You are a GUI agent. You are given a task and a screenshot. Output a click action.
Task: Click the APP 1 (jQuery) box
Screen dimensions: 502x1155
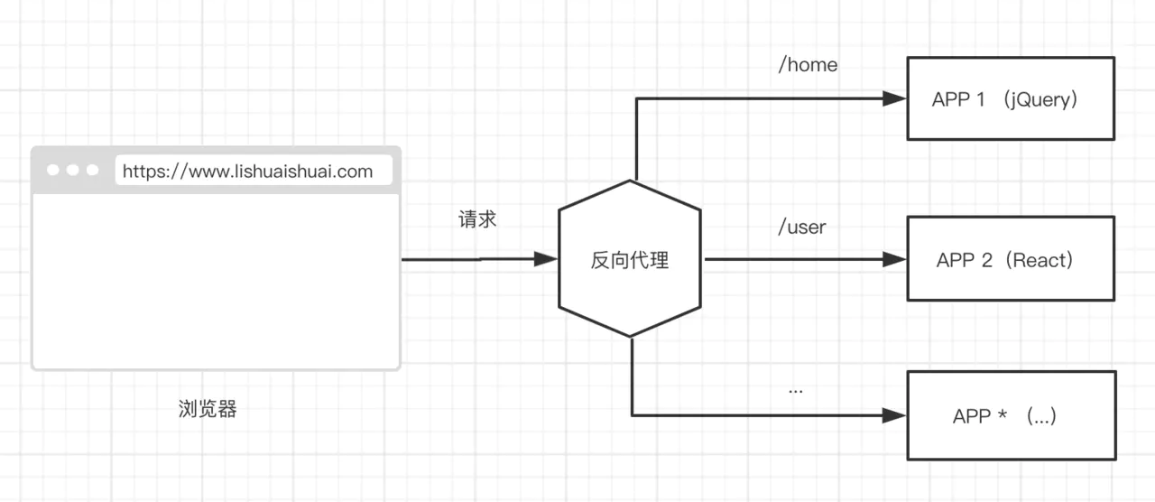[1010, 98]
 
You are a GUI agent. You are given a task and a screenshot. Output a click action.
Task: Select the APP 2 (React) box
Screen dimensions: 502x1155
[1010, 258]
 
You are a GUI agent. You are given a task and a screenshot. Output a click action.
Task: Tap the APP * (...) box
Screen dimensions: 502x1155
[1011, 414]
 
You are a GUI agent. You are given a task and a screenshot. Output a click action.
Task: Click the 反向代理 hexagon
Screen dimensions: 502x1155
[629, 259]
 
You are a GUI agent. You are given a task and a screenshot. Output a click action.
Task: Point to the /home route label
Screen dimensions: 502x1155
[808, 65]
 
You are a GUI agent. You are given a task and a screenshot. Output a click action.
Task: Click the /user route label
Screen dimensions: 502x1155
[802, 227]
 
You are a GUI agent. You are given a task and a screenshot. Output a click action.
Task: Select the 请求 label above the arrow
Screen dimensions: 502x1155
[477, 219]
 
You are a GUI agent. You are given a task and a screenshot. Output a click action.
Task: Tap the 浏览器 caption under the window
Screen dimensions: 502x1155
[208, 409]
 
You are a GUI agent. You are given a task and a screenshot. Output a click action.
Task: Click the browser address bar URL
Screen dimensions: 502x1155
[247, 172]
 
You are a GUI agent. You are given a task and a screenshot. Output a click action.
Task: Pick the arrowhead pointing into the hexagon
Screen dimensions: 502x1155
[547, 259]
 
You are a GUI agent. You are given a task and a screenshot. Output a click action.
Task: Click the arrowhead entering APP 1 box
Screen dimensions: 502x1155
[894, 98]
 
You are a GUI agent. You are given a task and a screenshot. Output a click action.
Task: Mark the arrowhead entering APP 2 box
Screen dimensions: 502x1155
[894, 259]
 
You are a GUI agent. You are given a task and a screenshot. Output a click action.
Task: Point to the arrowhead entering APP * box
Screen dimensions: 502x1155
[894, 415]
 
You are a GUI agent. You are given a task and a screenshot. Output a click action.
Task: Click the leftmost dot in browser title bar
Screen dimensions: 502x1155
[52, 170]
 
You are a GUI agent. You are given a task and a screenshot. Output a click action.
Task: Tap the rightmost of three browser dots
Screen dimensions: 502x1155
[92, 170]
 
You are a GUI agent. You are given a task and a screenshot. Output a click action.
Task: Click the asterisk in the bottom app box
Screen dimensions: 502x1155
[1003, 414]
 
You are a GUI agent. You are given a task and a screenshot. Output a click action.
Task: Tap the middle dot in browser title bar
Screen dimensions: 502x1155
[72, 170]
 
